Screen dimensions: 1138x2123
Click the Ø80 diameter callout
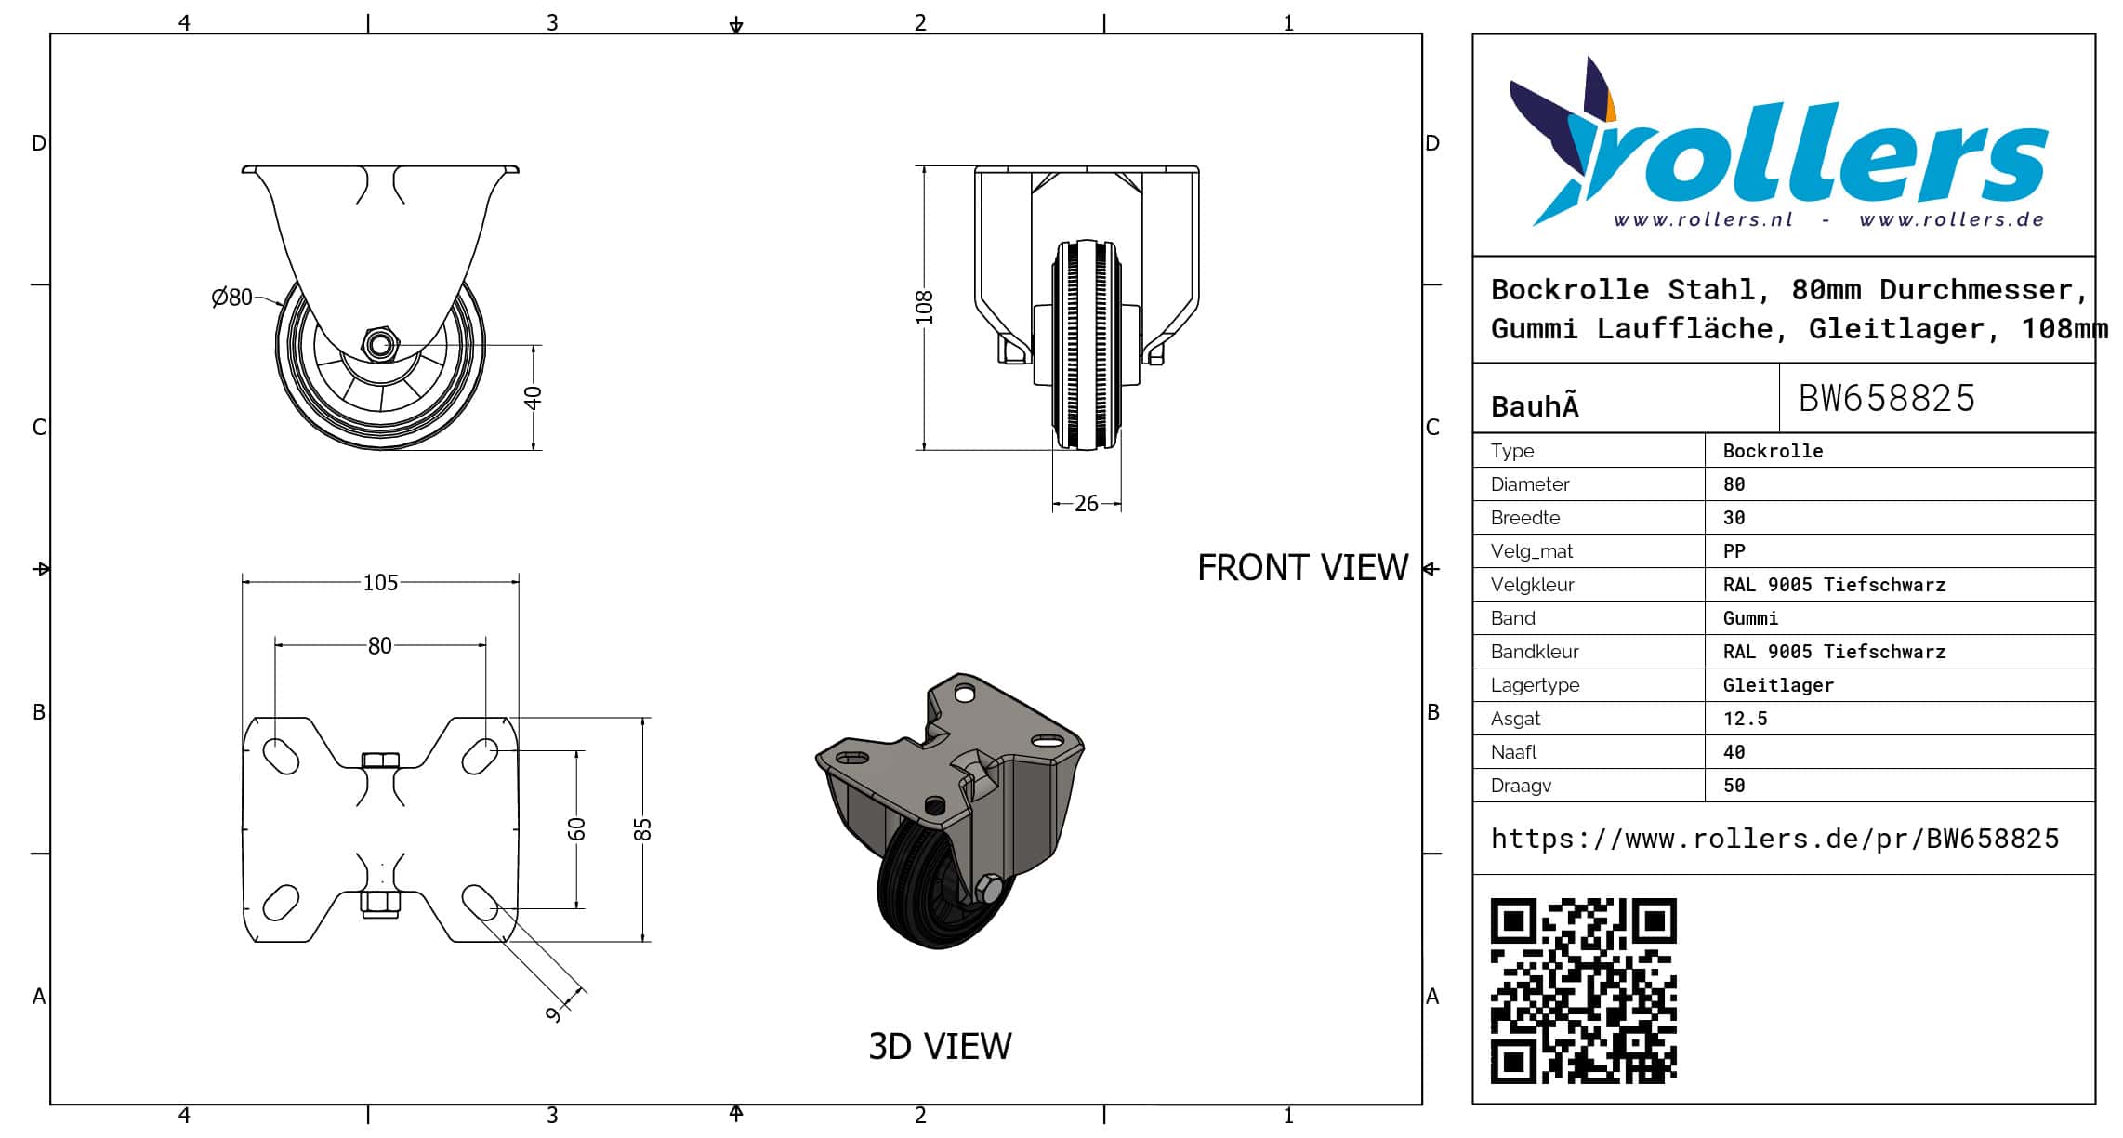point(232,297)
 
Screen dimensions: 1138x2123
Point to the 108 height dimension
point(923,308)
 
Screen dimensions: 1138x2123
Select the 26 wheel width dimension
point(1086,504)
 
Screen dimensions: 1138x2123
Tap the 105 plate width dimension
point(379,582)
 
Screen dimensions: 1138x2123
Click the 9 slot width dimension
point(554,1013)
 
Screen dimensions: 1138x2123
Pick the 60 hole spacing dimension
point(576,828)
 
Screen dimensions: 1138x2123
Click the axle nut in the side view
point(379,345)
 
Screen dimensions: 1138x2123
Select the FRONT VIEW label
point(1301,568)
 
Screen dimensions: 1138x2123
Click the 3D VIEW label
point(939,1046)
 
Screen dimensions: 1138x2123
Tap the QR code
point(1583,990)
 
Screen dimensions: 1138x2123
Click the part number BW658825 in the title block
point(1886,398)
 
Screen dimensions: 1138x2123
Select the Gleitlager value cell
point(1777,685)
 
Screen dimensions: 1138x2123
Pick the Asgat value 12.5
point(1745,719)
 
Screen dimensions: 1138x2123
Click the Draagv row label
point(1521,786)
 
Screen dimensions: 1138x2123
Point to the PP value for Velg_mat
point(1734,551)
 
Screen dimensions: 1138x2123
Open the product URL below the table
point(1774,839)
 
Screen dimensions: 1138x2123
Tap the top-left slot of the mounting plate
point(281,756)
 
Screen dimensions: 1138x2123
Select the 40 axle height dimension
point(533,397)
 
